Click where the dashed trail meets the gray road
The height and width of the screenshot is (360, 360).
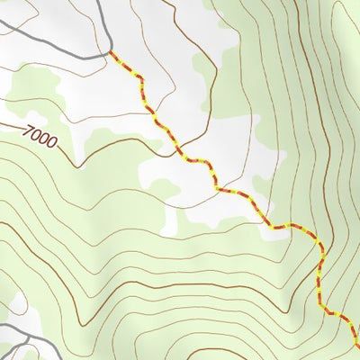tap(112, 52)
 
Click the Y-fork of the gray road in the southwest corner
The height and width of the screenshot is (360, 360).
tap(20, 337)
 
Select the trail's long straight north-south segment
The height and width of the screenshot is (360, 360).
tap(320, 279)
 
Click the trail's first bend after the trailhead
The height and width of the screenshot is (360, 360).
tap(139, 81)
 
